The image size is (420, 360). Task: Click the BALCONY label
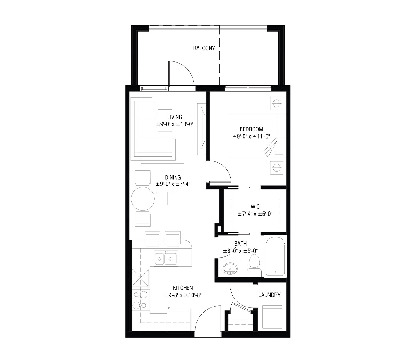[x=204, y=48]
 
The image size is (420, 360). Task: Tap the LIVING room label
[x=175, y=117]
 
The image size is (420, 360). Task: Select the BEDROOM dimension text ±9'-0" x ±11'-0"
[x=251, y=136]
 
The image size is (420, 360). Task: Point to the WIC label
[x=255, y=207]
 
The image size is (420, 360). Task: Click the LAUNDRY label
[x=269, y=295]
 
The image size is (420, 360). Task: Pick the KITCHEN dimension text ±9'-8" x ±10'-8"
[x=183, y=295]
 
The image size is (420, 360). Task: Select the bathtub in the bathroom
[x=275, y=257]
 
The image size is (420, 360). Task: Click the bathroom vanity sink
[x=230, y=268]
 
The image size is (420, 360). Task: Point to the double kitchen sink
[x=166, y=258]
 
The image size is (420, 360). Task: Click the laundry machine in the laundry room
[x=272, y=317]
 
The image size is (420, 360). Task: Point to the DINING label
[x=173, y=178]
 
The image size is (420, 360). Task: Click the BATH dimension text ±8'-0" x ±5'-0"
[x=241, y=251]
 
